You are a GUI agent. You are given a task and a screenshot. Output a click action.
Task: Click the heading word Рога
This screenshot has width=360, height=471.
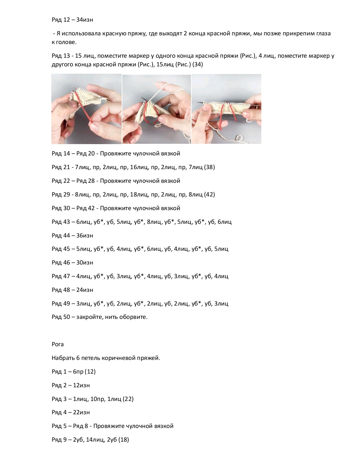58,344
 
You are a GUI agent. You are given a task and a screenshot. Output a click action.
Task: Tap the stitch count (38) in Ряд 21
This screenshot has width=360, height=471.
209,167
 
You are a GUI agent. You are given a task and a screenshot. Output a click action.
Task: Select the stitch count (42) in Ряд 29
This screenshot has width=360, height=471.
209,194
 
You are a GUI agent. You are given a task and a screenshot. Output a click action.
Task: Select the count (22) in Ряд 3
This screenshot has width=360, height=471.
128,399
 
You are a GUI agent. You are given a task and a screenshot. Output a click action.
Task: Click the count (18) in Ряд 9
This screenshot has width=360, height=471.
124,440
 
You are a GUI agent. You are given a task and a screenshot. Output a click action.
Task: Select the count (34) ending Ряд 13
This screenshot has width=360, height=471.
197,64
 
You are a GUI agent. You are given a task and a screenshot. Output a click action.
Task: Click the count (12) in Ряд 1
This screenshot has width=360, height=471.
90,372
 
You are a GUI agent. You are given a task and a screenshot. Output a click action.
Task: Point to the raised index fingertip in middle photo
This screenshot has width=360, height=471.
159,84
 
